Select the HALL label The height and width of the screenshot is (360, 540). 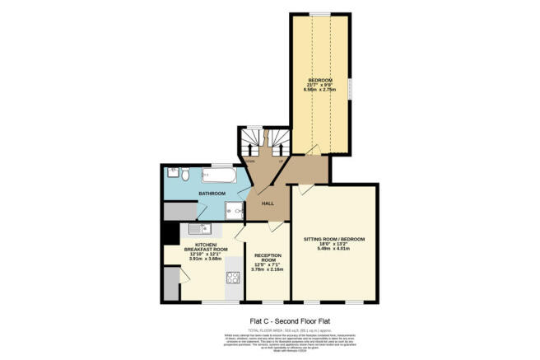pos(267,203)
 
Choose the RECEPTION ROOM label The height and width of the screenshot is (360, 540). pos(268,258)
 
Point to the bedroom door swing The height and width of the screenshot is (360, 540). pos(306,151)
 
